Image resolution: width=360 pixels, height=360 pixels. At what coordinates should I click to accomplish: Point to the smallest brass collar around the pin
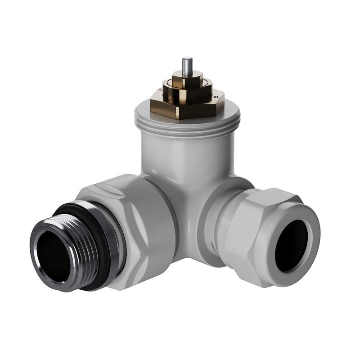tap(186, 77)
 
